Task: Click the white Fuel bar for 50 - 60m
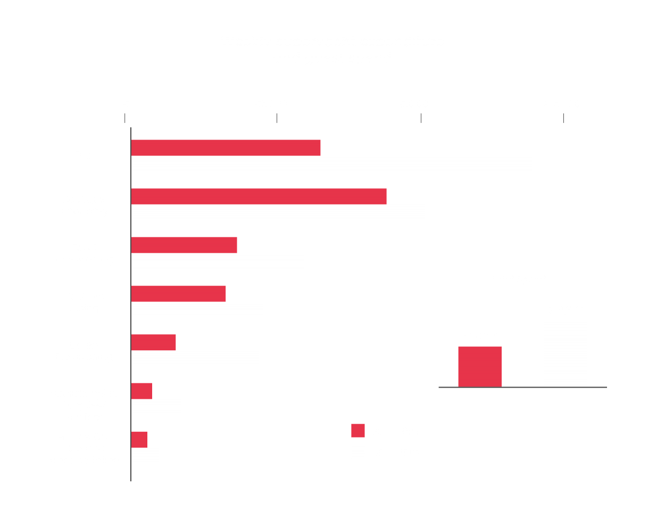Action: pyautogui.click(x=331, y=164)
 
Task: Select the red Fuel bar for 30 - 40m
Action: pyautogui.click(x=226, y=147)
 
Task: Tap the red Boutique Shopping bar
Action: pyautogui.click(x=259, y=196)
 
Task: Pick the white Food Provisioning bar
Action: pyautogui.click(x=218, y=261)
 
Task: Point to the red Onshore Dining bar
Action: pyautogui.click(x=178, y=293)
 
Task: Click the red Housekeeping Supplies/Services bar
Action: pyautogui.click(x=142, y=391)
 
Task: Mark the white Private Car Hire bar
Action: pyautogui.click(x=145, y=456)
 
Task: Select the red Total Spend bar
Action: pyautogui.click(x=479, y=366)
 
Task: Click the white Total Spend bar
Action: pyautogui.click(x=565, y=353)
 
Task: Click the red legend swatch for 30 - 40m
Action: pyautogui.click(x=358, y=431)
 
